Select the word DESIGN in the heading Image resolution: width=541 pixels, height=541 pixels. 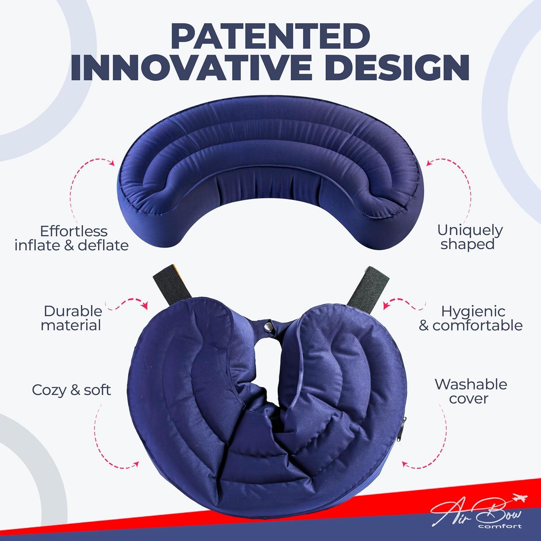(393, 68)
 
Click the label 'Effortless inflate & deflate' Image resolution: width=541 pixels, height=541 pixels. (72, 238)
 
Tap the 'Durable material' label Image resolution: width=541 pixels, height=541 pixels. (71, 318)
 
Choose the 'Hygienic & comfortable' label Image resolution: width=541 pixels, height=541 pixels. (471, 318)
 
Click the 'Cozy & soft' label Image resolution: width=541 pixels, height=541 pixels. (71, 390)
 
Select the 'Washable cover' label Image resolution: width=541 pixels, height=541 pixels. (470, 391)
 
